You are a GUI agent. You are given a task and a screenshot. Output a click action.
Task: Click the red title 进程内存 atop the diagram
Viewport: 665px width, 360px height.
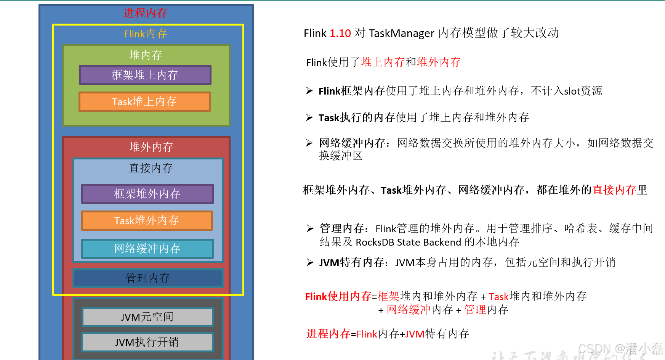(x=145, y=13)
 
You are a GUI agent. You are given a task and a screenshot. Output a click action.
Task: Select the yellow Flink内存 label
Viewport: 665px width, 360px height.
(x=146, y=34)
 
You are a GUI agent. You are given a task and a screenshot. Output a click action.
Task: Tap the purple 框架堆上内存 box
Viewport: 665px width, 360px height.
(x=145, y=75)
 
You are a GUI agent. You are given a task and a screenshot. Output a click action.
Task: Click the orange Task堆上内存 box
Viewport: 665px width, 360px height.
(x=144, y=102)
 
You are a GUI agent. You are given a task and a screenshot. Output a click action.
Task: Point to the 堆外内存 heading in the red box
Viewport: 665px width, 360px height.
(x=151, y=147)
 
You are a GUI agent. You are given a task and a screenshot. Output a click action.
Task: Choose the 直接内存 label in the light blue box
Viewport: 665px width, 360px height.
(x=151, y=168)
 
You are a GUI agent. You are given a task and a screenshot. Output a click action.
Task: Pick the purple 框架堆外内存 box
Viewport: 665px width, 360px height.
(x=147, y=194)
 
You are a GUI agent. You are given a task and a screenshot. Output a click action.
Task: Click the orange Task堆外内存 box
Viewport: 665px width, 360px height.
(x=147, y=221)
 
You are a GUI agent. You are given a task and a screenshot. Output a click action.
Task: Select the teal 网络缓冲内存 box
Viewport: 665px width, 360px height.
(x=147, y=249)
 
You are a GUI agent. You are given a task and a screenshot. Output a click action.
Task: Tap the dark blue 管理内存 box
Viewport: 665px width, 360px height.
(x=148, y=278)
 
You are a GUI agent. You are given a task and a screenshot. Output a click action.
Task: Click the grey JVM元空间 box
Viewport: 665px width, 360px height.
(x=147, y=317)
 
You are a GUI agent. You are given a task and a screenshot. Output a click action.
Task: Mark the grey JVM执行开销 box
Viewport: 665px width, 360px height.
(x=147, y=342)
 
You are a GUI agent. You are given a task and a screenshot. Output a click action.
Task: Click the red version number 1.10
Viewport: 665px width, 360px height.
(x=340, y=34)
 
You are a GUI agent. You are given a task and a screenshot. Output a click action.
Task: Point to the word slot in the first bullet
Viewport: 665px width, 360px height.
(x=572, y=91)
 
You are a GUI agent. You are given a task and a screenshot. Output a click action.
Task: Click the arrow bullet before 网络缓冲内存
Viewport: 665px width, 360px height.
(x=309, y=143)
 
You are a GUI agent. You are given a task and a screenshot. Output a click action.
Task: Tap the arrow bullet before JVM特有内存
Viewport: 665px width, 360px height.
(x=310, y=262)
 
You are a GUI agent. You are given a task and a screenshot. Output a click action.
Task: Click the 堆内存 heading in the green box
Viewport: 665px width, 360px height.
(x=146, y=55)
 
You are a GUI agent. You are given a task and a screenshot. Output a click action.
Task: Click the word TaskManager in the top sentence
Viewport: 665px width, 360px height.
(x=401, y=34)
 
